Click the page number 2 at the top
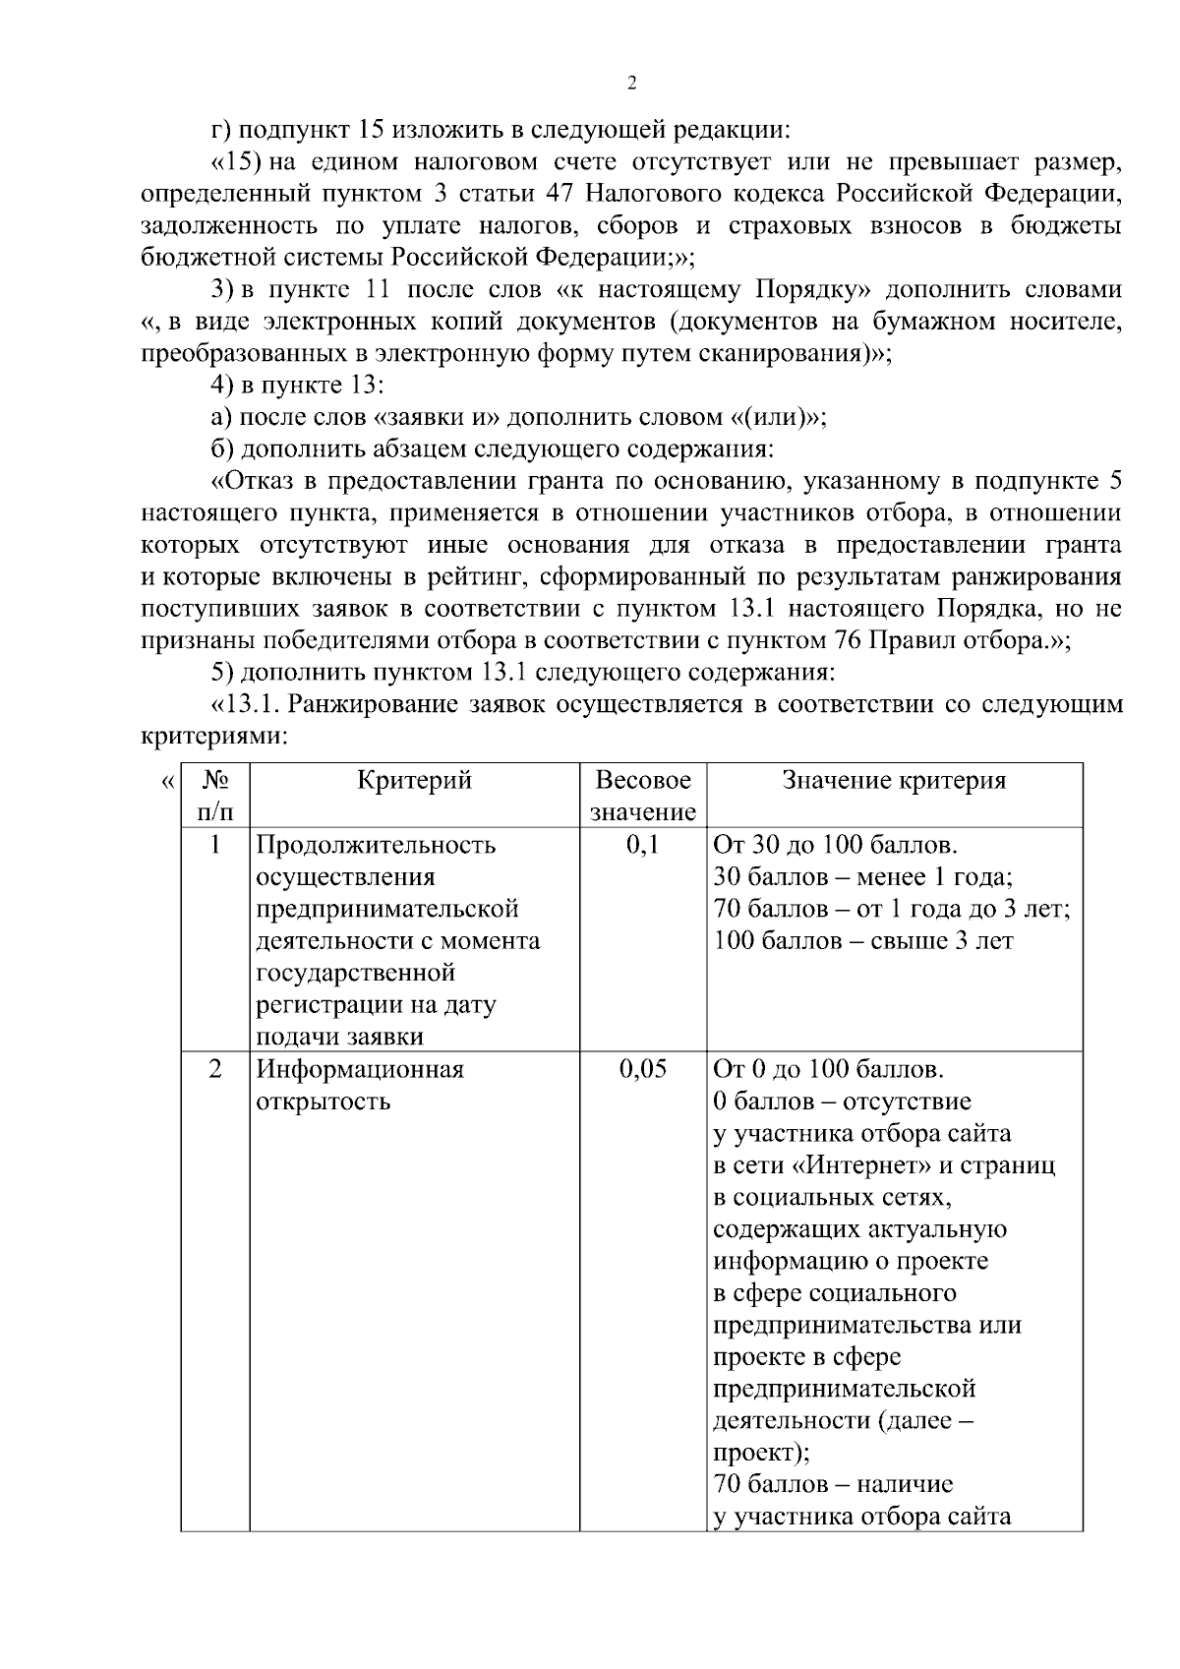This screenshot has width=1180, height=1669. click(631, 84)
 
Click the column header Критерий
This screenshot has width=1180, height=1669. click(414, 781)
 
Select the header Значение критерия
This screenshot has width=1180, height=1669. click(894, 781)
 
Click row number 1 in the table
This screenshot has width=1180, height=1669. click(214, 845)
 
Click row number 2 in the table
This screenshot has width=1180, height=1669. click(214, 1069)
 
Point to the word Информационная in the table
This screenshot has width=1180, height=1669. click(359, 1069)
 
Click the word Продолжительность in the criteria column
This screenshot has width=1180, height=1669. click(376, 845)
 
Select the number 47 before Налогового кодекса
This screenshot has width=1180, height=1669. click(560, 193)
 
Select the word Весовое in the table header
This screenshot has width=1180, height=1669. click(643, 781)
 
